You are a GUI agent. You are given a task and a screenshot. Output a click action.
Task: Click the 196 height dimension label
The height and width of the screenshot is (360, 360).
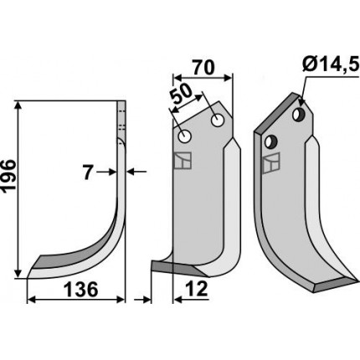click(x=8, y=176)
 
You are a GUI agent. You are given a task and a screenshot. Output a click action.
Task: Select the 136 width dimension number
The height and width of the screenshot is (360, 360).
click(x=81, y=290)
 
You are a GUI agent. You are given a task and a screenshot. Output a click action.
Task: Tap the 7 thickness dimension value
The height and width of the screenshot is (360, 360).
click(x=88, y=172)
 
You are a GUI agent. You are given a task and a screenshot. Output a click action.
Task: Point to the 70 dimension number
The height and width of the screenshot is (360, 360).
click(x=203, y=67)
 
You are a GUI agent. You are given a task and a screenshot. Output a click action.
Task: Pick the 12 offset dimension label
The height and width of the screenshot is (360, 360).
click(x=197, y=289)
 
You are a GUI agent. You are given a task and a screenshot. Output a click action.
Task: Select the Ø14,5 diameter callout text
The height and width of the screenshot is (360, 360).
click(x=330, y=66)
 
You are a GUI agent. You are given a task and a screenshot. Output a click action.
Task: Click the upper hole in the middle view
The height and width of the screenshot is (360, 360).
click(x=218, y=121)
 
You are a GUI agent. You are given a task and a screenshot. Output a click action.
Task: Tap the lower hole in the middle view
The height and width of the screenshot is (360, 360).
click(x=184, y=136)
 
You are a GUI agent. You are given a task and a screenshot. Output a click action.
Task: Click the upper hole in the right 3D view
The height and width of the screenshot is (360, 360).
click(x=299, y=114)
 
